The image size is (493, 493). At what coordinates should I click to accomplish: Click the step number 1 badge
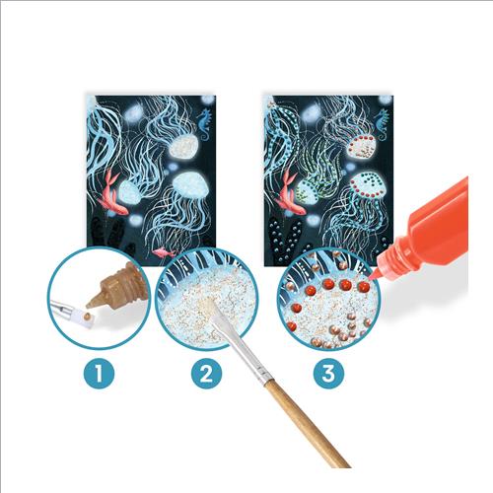99,374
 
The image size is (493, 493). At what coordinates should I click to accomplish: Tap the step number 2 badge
206,374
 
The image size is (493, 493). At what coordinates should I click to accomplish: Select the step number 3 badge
328,374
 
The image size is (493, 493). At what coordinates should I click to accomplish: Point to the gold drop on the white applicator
87,317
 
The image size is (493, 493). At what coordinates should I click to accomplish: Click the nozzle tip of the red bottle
371,279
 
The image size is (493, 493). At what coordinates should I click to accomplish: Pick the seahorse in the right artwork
382,124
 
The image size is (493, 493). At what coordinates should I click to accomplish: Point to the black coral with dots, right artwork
285,240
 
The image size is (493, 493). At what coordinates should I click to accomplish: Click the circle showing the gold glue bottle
99,298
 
